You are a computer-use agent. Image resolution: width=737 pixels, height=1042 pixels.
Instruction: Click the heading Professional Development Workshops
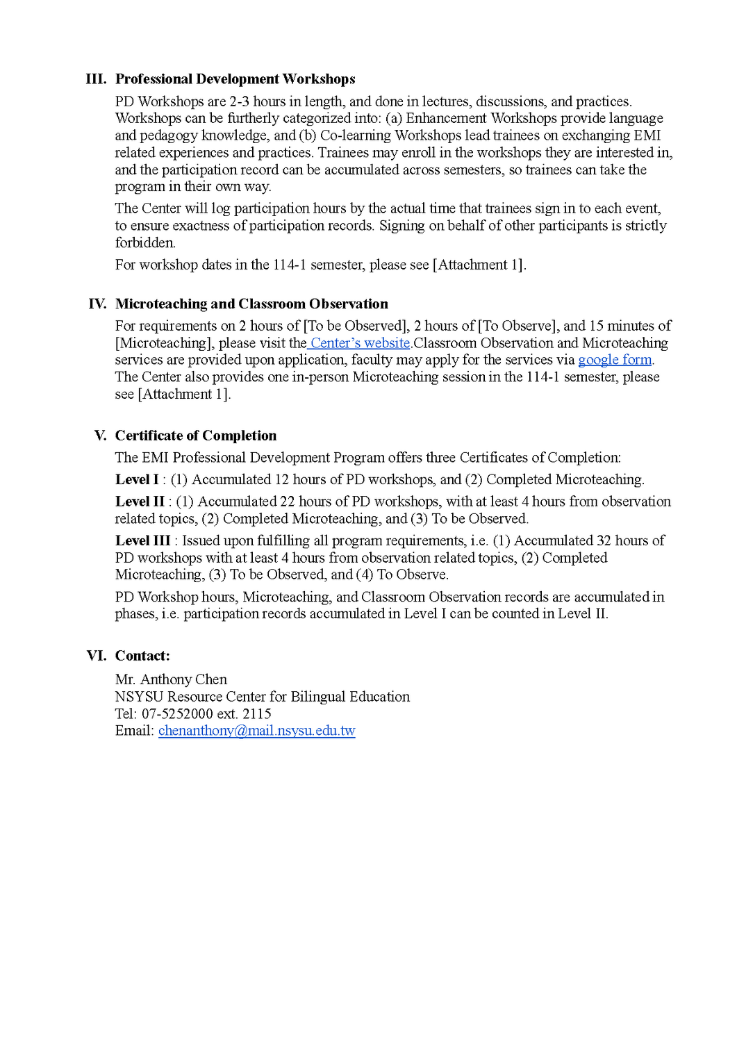coord(235,79)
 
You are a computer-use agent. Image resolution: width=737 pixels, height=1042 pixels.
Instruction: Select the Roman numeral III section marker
coord(96,79)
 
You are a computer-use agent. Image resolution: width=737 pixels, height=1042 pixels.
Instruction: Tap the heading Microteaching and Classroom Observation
coord(251,304)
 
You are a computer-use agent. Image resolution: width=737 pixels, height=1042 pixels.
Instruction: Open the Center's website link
coord(360,343)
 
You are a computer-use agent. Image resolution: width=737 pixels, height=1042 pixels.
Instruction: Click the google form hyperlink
coord(615,360)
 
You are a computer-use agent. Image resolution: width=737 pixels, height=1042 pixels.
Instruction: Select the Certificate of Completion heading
coord(196,436)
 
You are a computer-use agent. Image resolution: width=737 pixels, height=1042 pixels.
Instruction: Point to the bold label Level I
coord(137,480)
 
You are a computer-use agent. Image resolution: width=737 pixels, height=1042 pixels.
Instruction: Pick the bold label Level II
coord(140,502)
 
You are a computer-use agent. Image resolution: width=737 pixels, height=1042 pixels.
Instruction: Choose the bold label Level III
coord(142,541)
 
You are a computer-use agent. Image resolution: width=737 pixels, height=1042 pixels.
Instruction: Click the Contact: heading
coord(142,656)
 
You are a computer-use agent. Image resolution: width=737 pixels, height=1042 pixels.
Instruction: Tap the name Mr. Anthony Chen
coord(171,679)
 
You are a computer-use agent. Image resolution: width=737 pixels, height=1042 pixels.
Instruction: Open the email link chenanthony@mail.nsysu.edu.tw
coord(256,731)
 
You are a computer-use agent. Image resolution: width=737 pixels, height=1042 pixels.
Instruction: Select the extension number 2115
coord(257,714)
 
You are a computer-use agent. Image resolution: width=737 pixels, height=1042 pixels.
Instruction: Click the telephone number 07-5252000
coord(177,714)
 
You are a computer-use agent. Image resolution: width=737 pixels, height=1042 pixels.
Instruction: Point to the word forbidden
coord(145,243)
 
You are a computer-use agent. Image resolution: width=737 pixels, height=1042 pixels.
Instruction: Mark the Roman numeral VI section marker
coord(97,656)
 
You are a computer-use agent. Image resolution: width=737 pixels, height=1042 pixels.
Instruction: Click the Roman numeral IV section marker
coord(97,304)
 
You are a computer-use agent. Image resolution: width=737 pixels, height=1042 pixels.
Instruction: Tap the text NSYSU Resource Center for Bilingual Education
coord(263,697)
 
